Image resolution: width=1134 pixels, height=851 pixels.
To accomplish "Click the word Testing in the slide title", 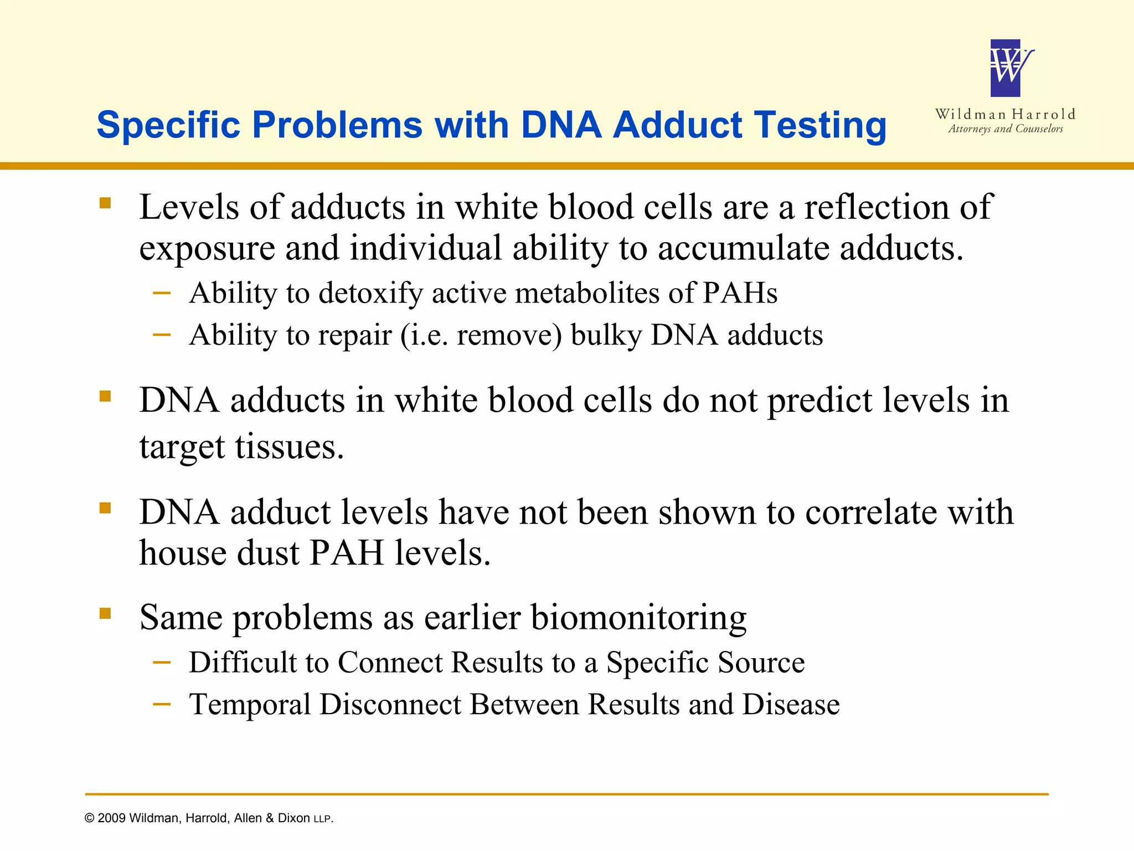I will tap(820, 125).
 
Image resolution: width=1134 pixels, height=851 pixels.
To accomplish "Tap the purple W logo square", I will tap(1006, 68).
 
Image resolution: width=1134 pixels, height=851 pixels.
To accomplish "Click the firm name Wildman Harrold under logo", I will tap(1005, 115).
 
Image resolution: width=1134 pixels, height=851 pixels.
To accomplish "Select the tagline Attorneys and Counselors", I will tap(1006, 129).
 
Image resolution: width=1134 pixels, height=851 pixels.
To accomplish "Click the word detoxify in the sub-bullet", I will tap(371, 293).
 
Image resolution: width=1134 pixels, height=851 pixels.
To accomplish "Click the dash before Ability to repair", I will tap(161, 334).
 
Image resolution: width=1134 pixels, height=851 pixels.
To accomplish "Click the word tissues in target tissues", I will tap(288, 447).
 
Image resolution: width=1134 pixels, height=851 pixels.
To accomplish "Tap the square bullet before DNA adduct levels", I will tap(105, 508).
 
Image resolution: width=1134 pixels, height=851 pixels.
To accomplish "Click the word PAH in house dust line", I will tap(347, 553).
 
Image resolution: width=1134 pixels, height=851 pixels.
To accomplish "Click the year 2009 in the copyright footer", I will tap(112, 818).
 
